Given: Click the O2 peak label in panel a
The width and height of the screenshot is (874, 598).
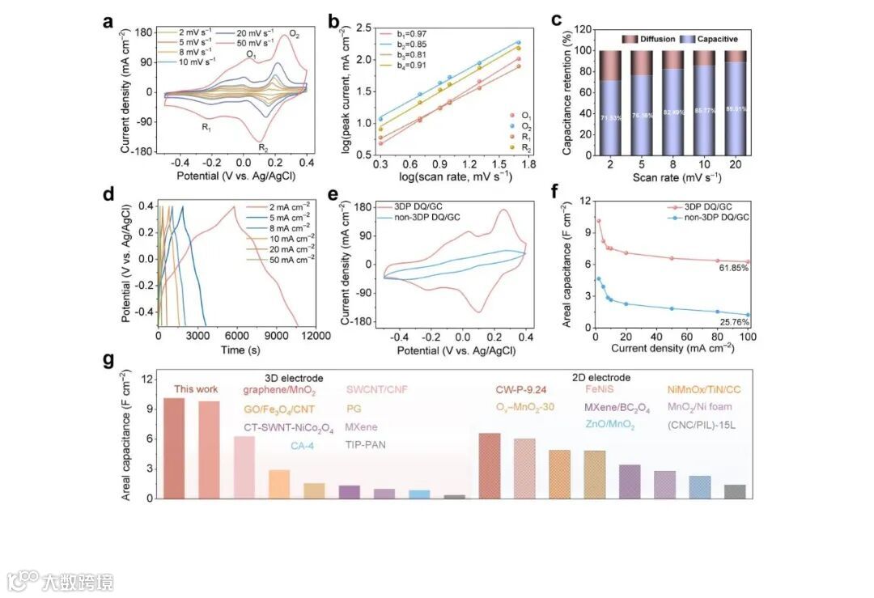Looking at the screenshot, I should (x=294, y=35).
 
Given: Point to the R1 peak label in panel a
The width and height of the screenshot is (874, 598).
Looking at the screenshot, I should (x=206, y=127).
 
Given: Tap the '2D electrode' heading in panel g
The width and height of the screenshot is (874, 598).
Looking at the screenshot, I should (x=600, y=377).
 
